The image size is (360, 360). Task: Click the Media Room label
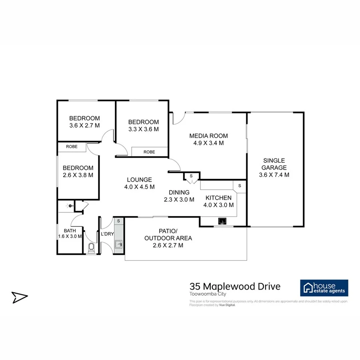(208, 139)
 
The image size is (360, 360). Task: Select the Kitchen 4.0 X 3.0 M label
(218, 201)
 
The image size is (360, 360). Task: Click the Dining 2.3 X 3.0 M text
(179, 196)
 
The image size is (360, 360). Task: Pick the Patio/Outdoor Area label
(168, 238)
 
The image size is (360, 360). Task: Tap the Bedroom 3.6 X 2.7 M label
(84, 122)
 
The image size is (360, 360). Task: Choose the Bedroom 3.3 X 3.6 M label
(143, 125)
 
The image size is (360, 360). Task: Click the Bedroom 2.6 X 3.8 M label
(78, 171)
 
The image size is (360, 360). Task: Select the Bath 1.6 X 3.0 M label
(70, 233)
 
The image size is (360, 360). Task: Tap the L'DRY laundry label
(107, 234)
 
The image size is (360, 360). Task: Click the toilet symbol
(91, 248)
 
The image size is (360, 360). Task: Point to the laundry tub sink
(119, 244)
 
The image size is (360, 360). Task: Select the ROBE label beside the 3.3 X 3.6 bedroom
(149, 152)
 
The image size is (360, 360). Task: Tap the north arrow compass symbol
(19, 297)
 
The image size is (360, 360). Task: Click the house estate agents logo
(324, 288)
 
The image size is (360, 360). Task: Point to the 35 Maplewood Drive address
(235, 286)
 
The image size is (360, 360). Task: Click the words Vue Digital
(227, 305)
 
